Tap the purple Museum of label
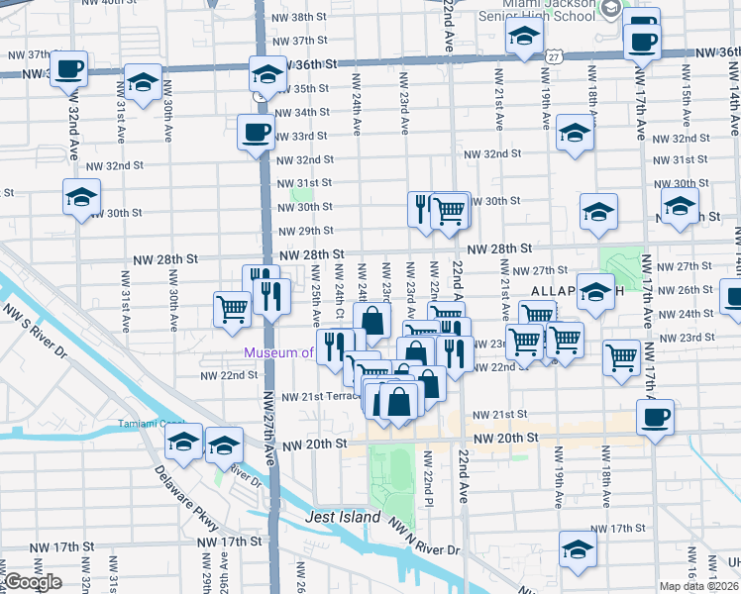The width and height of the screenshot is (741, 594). point(278,352)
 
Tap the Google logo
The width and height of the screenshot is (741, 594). point(33,582)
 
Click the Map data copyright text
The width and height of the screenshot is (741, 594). point(696,585)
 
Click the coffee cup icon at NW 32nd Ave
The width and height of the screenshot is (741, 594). point(69,68)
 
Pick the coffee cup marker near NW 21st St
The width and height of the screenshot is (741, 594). point(655,416)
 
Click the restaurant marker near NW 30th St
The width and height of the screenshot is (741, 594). point(422,209)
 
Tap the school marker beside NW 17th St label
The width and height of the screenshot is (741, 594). point(577,547)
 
